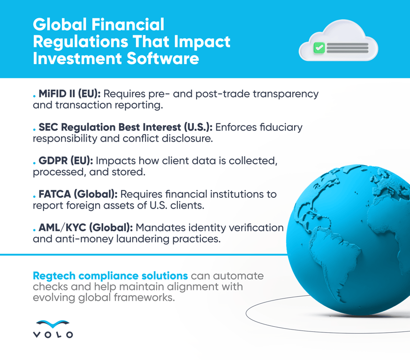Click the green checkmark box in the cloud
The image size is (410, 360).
point(319,48)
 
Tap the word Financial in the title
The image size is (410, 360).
point(128,24)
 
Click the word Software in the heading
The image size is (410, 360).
point(163,59)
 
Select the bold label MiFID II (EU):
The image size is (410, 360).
point(69,94)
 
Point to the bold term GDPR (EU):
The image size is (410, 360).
point(66,160)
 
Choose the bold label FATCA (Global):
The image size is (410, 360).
point(78,194)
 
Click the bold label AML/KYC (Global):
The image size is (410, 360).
point(86,227)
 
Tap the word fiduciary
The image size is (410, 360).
point(281,127)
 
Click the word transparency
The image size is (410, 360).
point(286,94)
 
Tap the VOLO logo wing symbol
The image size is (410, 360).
point(53,324)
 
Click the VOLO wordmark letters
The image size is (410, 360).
point(53,335)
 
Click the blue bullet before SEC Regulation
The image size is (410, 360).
point(34,129)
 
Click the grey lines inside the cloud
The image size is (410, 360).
point(347,48)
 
